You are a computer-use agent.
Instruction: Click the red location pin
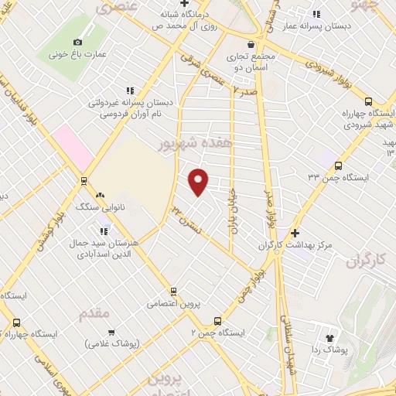(199, 180)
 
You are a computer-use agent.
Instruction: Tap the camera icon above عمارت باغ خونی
(77, 42)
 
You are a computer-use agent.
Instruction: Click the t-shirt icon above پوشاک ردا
(330, 337)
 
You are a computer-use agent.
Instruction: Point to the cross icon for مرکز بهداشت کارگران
(295, 233)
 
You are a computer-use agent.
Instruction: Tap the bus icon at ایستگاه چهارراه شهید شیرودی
(368, 102)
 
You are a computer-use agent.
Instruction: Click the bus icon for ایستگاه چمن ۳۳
(338, 165)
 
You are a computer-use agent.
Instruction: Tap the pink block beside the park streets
(73, 145)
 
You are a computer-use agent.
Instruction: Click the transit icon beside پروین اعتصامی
(174, 292)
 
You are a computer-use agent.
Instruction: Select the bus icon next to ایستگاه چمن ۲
(217, 320)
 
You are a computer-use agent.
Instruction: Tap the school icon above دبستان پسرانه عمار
(316, 13)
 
